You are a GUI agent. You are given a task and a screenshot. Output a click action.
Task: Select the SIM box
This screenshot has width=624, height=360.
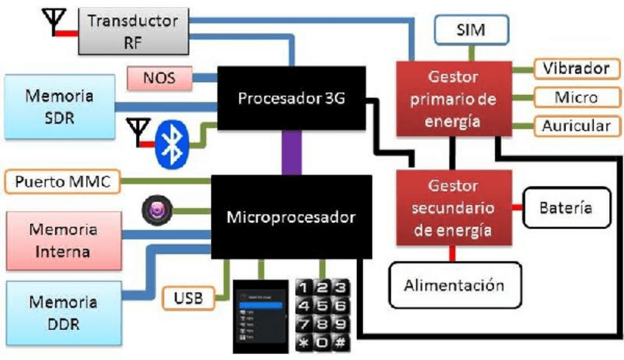(x=470, y=30)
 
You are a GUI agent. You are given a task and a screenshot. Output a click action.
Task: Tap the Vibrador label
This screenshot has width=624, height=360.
(x=575, y=68)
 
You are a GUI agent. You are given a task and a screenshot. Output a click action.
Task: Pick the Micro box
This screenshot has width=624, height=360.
(x=575, y=96)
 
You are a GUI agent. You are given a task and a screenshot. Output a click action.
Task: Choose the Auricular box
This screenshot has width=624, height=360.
(x=575, y=125)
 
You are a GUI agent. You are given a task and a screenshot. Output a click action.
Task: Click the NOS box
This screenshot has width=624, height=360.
(x=160, y=77)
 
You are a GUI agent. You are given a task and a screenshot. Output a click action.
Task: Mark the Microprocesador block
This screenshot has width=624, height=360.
(x=291, y=217)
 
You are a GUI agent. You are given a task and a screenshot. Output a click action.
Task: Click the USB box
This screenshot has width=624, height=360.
(x=188, y=299)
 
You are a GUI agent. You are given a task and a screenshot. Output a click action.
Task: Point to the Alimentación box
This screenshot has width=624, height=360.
(x=454, y=285)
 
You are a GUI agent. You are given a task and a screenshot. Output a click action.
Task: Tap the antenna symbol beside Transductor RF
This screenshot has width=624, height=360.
(x=54, y=23)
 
